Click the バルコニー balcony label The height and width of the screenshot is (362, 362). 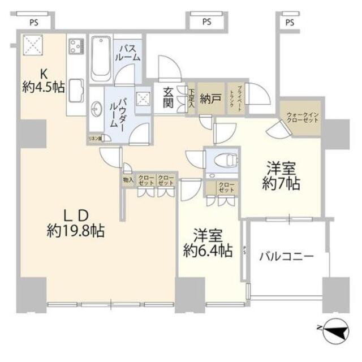coord(286,256)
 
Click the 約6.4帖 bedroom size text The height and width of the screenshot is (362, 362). coord(208,251)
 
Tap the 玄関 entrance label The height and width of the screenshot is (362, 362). coord(169,98)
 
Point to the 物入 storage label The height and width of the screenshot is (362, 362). coord(128,180)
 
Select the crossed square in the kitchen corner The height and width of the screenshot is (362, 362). coord(33,45)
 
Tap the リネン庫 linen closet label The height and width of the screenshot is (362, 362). coord(94,138)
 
